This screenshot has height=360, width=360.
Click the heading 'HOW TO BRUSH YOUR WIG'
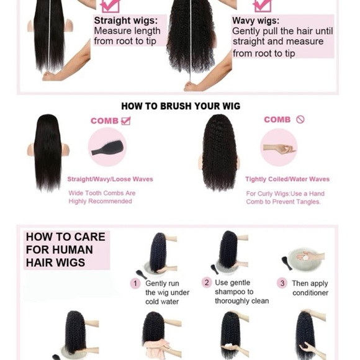[180, 106]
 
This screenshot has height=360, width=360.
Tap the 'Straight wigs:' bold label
[121, 20]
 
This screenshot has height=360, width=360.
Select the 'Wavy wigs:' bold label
[256, 20]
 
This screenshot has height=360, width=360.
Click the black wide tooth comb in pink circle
[107, 148]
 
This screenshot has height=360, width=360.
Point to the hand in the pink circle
[279, 148]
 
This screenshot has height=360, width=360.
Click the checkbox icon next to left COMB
[126, 121]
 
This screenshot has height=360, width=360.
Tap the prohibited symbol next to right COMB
[300, 120]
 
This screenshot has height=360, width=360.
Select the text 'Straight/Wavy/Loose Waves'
[110, 179]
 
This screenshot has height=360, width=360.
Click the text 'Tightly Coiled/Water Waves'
[287, 179]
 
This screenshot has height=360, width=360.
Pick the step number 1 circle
[135, 283]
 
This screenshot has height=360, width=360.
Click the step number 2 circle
[207, 282]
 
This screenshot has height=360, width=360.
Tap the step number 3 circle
[282, 283]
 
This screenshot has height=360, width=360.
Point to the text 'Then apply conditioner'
[310, 288]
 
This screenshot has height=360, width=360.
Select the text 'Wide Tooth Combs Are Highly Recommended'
[102, 197]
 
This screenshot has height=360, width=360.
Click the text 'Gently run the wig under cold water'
[163, 292]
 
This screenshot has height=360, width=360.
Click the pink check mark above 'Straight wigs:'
[110, 6]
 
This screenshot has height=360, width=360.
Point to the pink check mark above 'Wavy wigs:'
[263, 6]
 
